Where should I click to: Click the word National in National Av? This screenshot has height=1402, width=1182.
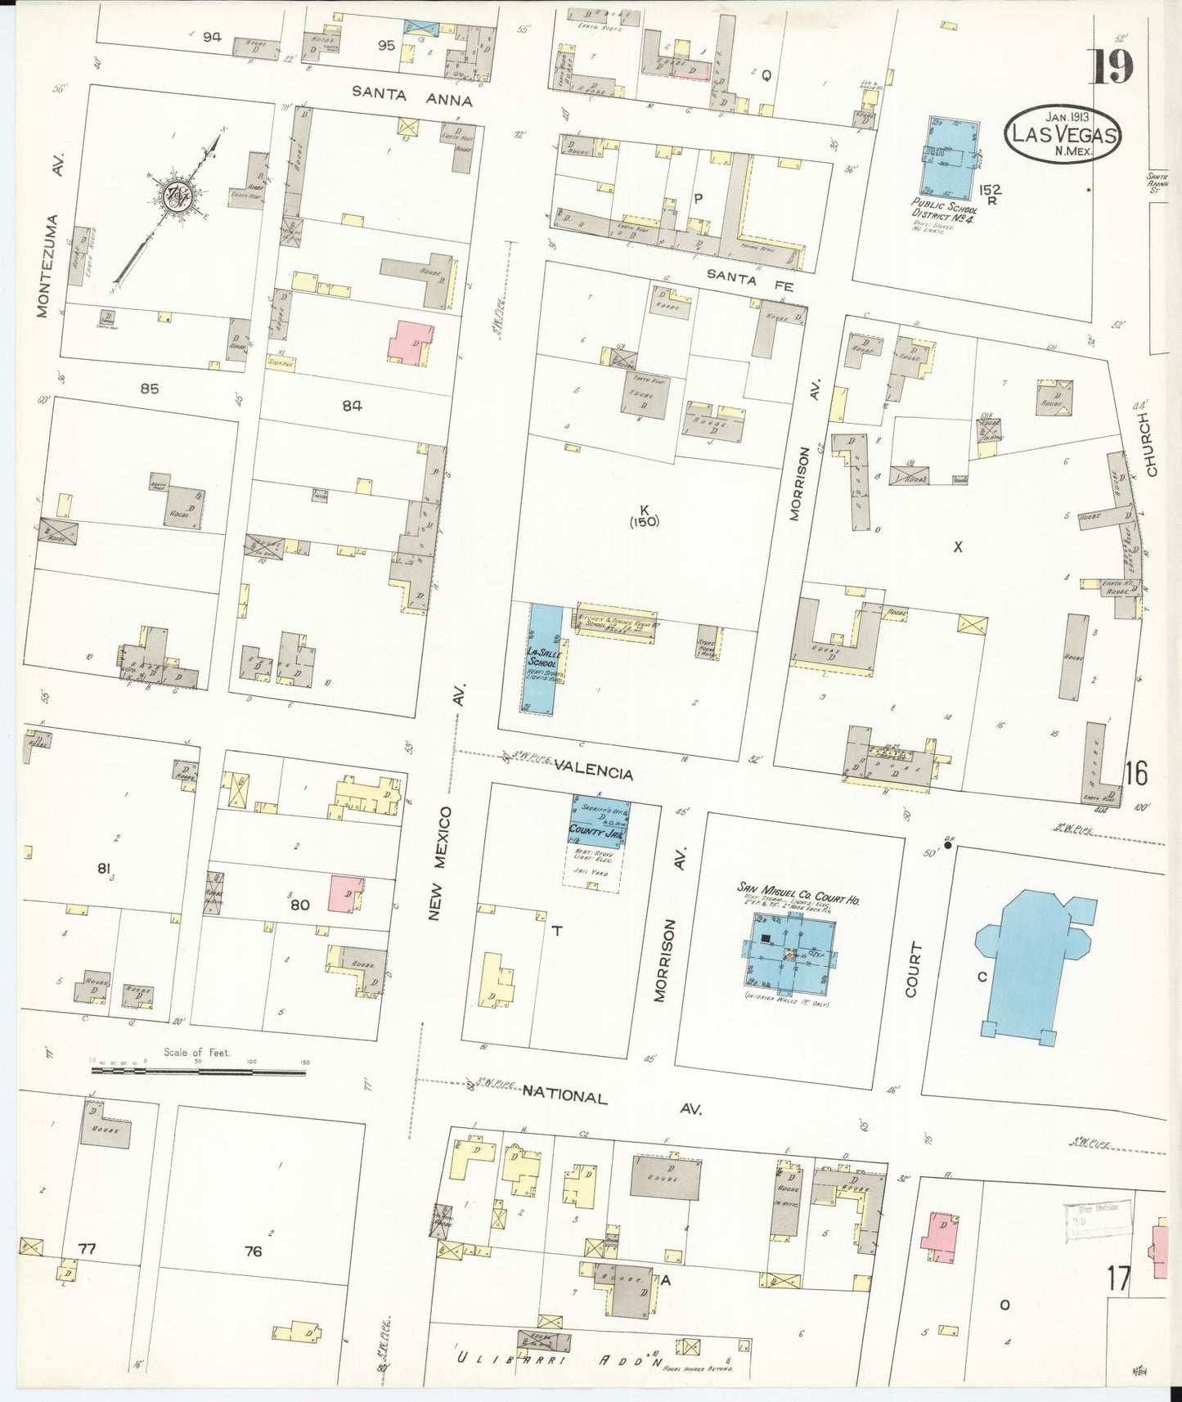[x=565, y=1097]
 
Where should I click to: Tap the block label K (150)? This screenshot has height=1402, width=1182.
[x=645, y=515]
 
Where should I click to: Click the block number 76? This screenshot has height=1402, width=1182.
[x=254, y=1251]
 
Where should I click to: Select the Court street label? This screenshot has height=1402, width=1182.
[x=914, y=969]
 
